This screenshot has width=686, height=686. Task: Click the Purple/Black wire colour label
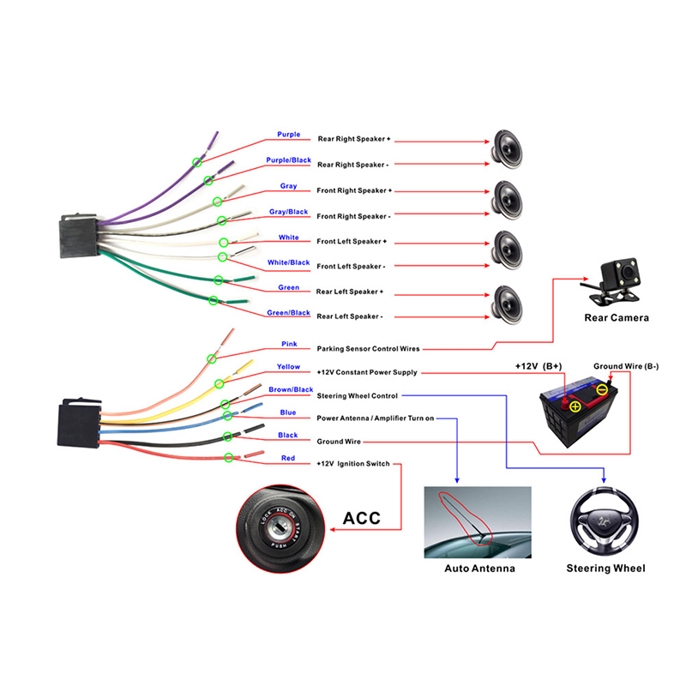(288, 159)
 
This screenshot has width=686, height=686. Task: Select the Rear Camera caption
(617, 317)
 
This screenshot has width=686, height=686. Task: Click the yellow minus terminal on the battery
(602, 388)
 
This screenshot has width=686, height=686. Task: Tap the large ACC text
(361, 518)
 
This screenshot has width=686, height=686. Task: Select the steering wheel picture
(605, 524)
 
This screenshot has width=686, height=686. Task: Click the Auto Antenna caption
(478, 569)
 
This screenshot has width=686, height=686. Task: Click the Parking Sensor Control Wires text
(369, 348)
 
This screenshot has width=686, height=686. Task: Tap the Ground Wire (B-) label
(626, 366)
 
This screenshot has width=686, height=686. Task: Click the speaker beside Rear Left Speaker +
(507, 304)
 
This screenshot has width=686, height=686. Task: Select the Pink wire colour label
(289, 344)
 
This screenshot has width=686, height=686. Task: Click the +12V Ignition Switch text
(353, 463)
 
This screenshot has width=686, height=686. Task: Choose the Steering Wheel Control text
(358, 395)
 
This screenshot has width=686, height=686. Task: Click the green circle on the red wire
(228, 458)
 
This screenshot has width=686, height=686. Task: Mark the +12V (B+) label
(539, 366)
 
